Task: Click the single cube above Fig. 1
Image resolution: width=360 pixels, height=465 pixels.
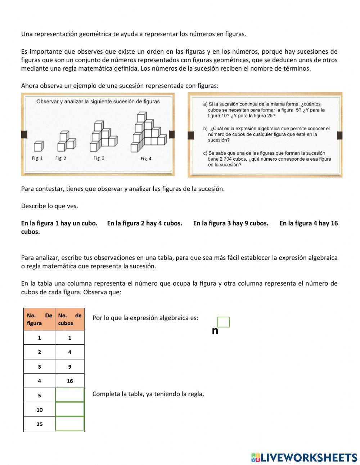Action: [x=38, y=146]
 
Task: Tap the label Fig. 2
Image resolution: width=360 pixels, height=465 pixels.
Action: [x=60, y=158]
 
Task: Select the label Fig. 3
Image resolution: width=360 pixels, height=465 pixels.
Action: [x=99, y=158]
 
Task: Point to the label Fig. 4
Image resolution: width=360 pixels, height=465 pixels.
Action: [x=146, y=158]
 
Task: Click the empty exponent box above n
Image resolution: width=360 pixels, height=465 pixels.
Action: [x=224, y=322]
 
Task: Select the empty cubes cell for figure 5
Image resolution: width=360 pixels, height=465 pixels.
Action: [x=69, y=395]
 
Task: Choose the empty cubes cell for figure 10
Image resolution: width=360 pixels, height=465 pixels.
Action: [x=69, y=410]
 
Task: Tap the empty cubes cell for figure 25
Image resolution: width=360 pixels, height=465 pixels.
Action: [x=69, y=424]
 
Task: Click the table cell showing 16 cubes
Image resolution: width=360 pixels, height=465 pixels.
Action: [x=69, y=381]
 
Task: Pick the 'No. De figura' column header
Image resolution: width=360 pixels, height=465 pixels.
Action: [x=39, y=319]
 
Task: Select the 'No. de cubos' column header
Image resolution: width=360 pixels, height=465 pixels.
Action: [x=69, y=319]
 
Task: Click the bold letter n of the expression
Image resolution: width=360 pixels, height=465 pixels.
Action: [x=215, y=331]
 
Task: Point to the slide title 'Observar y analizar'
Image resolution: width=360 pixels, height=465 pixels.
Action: [x=98, y=102]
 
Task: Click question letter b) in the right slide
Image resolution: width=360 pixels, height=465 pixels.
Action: [x=205, y=129]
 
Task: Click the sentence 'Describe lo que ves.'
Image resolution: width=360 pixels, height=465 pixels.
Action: [x=49, y=206]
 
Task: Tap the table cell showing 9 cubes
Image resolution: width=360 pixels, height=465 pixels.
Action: [x=69, y=367]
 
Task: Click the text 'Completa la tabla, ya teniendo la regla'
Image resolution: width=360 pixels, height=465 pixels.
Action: [x=148, y=394]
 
